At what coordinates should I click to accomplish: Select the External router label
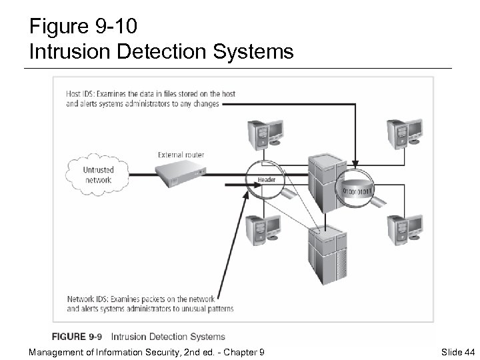click(181, 155)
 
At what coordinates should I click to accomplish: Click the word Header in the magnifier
click(266, 180)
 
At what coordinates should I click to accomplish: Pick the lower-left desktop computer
click(260, 230)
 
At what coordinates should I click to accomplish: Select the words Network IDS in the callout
click(86, 298)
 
